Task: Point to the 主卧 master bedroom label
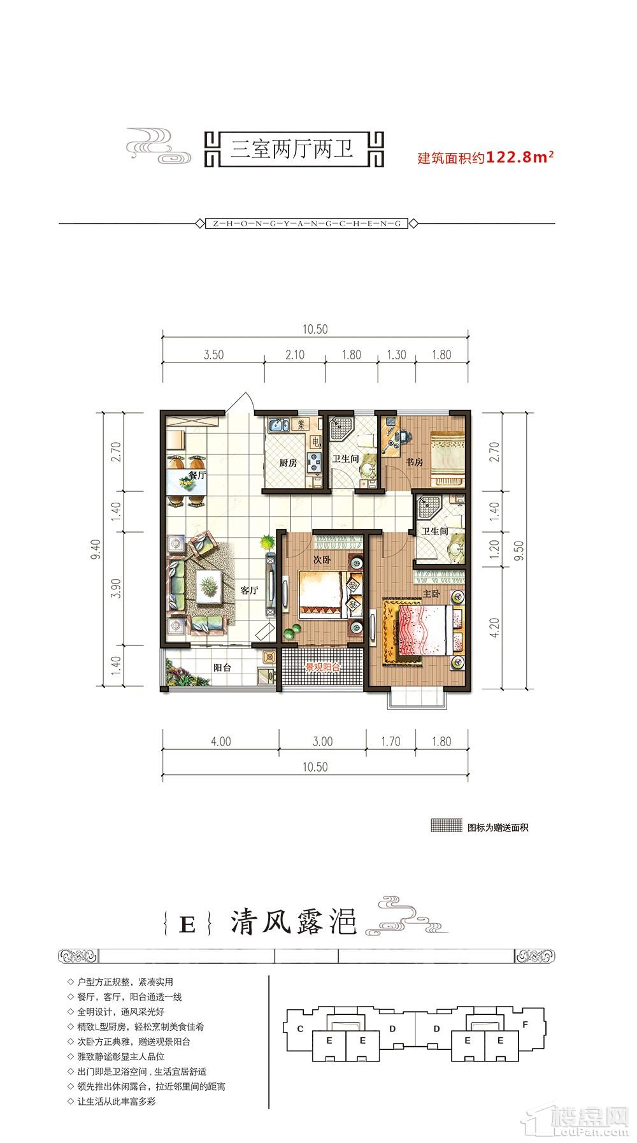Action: [432, 593]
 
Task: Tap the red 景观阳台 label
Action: [322, 668]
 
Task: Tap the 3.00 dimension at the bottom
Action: [323, 742]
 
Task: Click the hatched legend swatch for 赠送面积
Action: [446, 828]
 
